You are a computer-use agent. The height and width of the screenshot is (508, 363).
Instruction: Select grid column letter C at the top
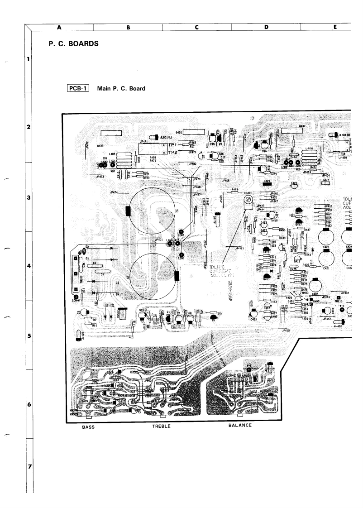197,27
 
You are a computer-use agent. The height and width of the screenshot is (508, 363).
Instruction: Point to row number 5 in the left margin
29,336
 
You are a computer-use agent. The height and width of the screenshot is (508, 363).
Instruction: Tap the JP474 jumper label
114,192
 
